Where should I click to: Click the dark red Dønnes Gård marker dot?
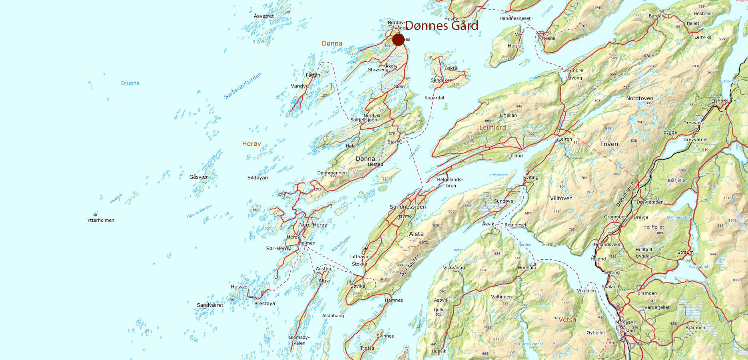pos(398,40)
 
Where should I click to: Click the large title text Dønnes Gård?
pos(441,26)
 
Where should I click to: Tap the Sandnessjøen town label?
pos(408,207)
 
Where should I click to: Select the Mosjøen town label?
pos(626,322)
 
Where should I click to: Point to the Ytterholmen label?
pos(101,220)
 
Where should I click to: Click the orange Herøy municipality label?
pos(251,143)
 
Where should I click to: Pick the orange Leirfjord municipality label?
pos(493,127)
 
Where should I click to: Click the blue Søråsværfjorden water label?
pos(243,86)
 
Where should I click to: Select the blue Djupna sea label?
pos(130,84)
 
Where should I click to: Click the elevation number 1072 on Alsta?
pos(423,243)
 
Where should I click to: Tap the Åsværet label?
pos(264,16)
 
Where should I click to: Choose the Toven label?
pos(608,144)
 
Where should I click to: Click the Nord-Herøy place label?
pos(313,225)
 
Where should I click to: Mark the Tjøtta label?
pos(367,348)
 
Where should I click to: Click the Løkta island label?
pos(451,68)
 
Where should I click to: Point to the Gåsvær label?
pos(199,177)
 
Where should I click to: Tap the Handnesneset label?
pos(515,18)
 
